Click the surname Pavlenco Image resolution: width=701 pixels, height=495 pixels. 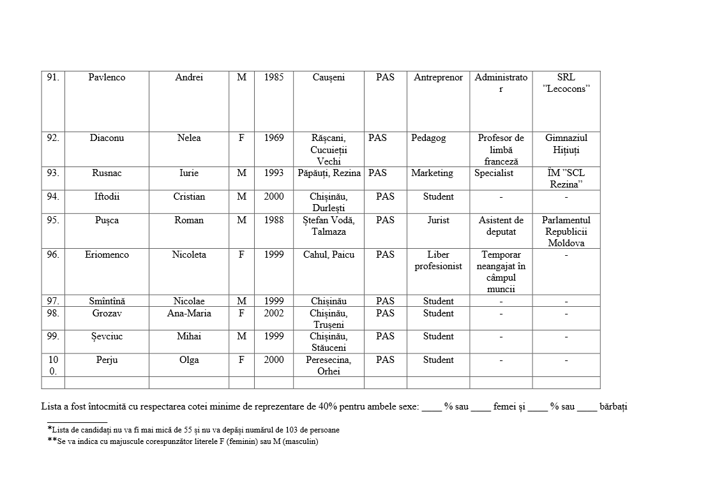point(107,77)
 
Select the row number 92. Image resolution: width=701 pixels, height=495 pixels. point(53,138)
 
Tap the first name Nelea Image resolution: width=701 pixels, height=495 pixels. point(189,138)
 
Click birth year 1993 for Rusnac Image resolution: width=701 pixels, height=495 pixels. point(274,173)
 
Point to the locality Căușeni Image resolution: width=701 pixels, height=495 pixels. point(328,77)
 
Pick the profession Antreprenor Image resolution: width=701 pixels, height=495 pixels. point(438,77)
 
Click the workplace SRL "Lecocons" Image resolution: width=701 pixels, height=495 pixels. point(566,83)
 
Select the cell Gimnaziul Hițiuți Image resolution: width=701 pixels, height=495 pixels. point(566,144)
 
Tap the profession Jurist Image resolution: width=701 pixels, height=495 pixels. point(438,220)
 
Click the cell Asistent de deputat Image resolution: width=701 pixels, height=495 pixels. point(501,226)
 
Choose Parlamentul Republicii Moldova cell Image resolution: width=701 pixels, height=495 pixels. point(566,232)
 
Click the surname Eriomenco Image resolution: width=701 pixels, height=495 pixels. point(107,255)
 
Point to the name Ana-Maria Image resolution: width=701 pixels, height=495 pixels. point(189,313)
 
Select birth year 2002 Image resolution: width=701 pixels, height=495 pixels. point(274,313)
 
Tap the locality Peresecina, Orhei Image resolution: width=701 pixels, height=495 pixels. point(328,366)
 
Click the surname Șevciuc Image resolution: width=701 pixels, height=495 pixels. point(107,336)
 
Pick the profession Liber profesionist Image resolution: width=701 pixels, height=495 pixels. point(438,260)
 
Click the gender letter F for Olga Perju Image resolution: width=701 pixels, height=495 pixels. point(241,360)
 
